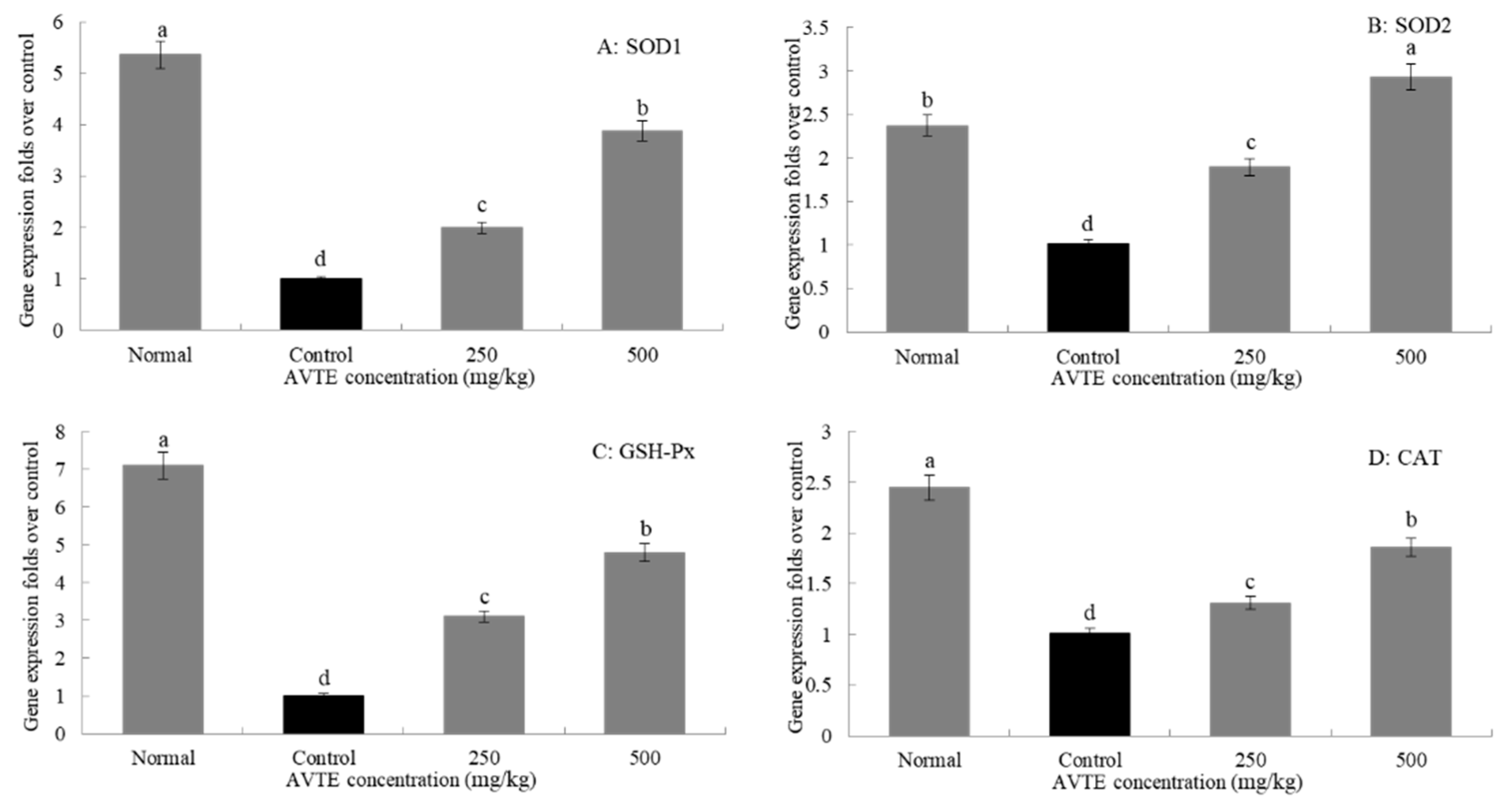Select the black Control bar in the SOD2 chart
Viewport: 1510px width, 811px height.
[1088, 287]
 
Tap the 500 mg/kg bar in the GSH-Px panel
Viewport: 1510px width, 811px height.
[644, 643]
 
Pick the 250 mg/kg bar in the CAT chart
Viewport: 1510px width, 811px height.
[1250, 669]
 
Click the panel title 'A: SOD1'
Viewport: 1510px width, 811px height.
[639, 47]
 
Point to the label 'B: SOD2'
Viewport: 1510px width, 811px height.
[1409, 26]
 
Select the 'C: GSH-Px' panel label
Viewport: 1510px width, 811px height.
[643, 452]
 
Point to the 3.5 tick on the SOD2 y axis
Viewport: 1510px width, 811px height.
[815, 27]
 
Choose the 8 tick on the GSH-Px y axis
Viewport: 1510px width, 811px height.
[60, 432]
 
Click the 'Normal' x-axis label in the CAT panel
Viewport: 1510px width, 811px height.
[929, 761]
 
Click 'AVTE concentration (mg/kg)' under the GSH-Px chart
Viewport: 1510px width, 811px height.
[410, 781]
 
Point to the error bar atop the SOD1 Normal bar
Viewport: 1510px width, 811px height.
[160, 54]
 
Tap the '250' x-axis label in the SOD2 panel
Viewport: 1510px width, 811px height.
[1249, 357]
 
